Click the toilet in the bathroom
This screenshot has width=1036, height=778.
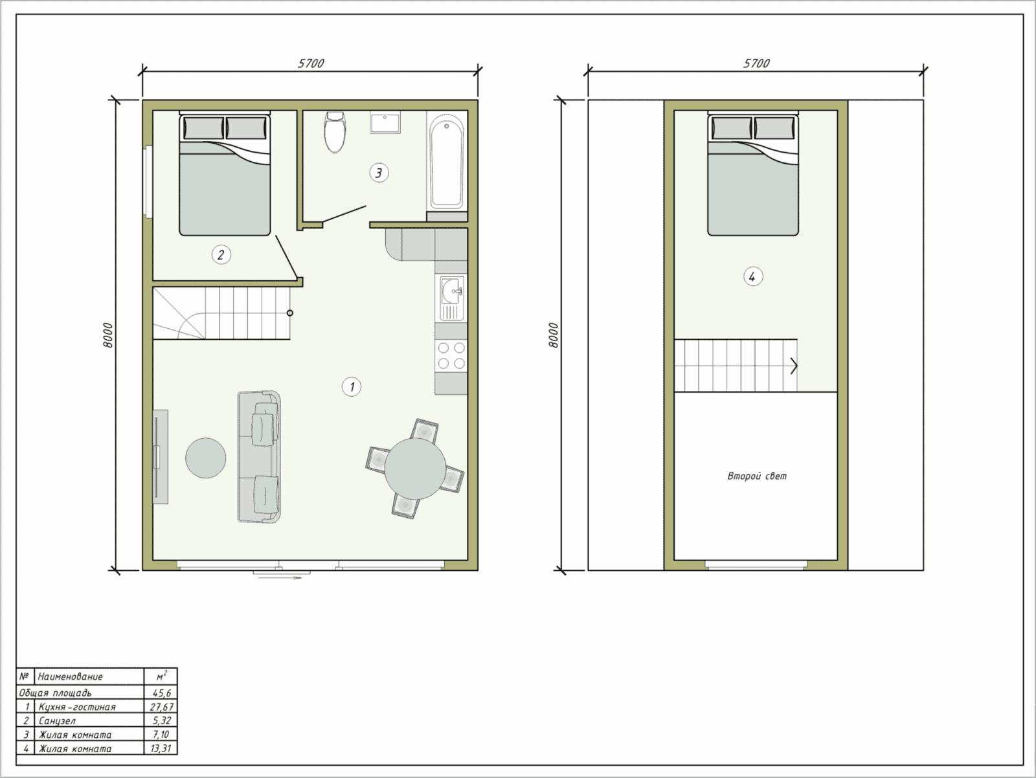click(x=335, y=131)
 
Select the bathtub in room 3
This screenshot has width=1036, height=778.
click(x=447, y=161)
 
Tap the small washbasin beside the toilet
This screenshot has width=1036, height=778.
click(x=385, y=123)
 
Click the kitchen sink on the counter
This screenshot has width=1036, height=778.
click(x=452, y=298)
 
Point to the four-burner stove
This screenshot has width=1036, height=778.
click(x=451, y=355)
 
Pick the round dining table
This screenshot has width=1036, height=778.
click(x=415, y=469)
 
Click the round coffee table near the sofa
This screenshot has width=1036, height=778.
click(x=205, y=458)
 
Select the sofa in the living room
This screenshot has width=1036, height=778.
click(x=259, y=457)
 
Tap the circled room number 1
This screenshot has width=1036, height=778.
click(x=352, y=387)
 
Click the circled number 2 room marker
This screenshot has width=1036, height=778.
click(x=221, y=255)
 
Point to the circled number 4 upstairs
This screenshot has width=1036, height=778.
click(x=753, y=276)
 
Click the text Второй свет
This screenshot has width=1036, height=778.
click(x=756, y=476)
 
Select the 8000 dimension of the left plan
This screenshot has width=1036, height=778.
click(x=108, y=335)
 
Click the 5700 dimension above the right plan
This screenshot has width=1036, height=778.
click(x=756, y=63)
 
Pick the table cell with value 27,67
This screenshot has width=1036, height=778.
click(x=161, y=707)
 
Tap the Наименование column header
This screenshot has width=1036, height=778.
click(x=89, y=676)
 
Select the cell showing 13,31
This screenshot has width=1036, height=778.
click(x=161, y=748)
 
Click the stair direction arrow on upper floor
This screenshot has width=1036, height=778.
click(x=794, y=366)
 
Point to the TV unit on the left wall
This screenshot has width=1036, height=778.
click(x=161, y=457)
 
